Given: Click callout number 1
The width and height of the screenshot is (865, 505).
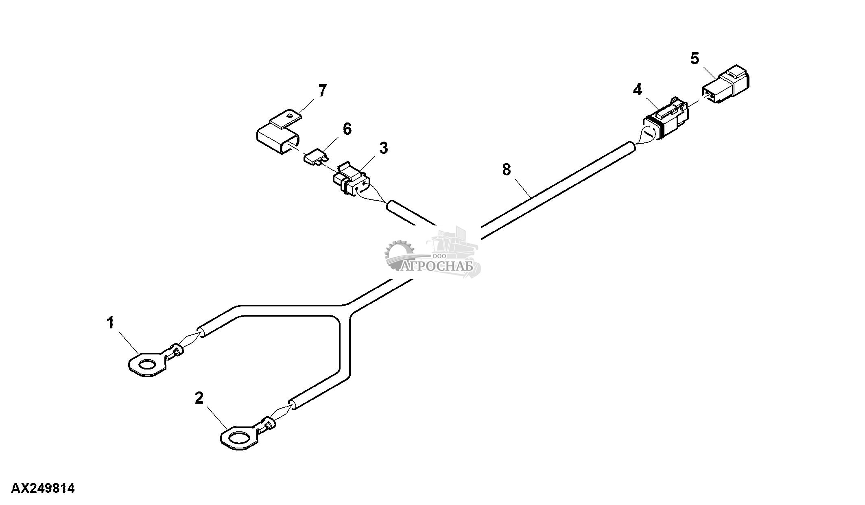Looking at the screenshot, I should tap(110, 323).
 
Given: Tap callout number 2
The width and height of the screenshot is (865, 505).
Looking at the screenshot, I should tap(199, 398).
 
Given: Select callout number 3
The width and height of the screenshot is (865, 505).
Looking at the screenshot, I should tap(383, 148).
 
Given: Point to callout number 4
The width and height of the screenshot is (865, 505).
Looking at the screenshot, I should tap(638, 90).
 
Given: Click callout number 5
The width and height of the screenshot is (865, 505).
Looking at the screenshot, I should tap(695, 59).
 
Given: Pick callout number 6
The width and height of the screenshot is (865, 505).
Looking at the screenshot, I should tap(347, 129).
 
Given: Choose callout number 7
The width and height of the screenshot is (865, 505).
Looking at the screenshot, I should tap(322, 91).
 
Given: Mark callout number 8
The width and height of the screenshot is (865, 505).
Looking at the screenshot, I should tap(506, 169).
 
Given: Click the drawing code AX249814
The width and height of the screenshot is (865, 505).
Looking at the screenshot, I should tap(43, 488).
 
